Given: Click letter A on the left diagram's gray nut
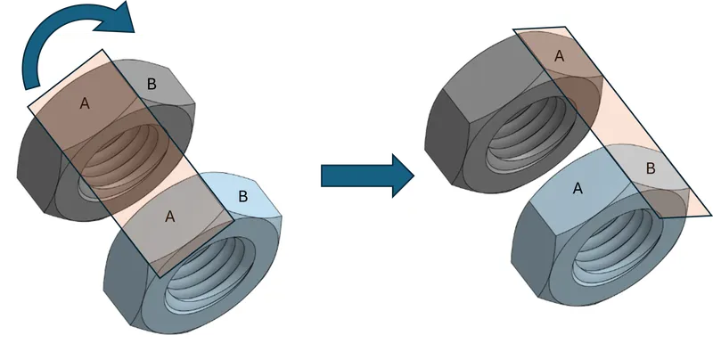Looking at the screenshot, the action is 85,103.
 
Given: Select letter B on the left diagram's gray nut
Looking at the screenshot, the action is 152,84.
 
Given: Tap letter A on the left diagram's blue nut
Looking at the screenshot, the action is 169,217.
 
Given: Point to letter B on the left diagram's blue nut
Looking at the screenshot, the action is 243,197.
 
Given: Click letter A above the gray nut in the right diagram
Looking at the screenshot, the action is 560,56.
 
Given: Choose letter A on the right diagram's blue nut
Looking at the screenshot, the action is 578,188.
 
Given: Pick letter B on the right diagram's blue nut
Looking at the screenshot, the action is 651,168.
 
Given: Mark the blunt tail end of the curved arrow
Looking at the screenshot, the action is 32,85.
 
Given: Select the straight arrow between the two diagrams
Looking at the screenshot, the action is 367,176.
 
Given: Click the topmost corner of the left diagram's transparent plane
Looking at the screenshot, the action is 102,50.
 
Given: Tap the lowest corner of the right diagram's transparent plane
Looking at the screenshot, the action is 660,218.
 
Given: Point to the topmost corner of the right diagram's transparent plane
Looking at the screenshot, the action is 565,27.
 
